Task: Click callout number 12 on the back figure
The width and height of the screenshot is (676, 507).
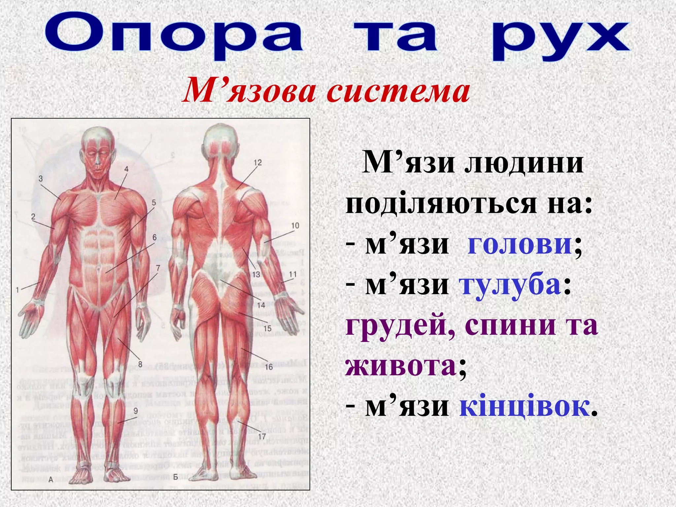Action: (x=257, y=163)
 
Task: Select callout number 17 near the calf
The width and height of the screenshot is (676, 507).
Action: (x=262, y=437)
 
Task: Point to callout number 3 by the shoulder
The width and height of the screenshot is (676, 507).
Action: (x=41, y=179)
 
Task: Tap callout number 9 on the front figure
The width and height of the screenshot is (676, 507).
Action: (x=136, y=411)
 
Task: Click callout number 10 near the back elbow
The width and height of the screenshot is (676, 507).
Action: (x=295, y=225)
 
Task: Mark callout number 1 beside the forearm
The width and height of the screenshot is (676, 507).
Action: (x=18, y=290)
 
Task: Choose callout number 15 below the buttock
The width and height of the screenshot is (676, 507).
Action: (x=267, y=328)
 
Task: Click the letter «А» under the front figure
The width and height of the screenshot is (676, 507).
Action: (x=51, y=480)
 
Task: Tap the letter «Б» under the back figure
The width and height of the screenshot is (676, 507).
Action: (x=176, y=477)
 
